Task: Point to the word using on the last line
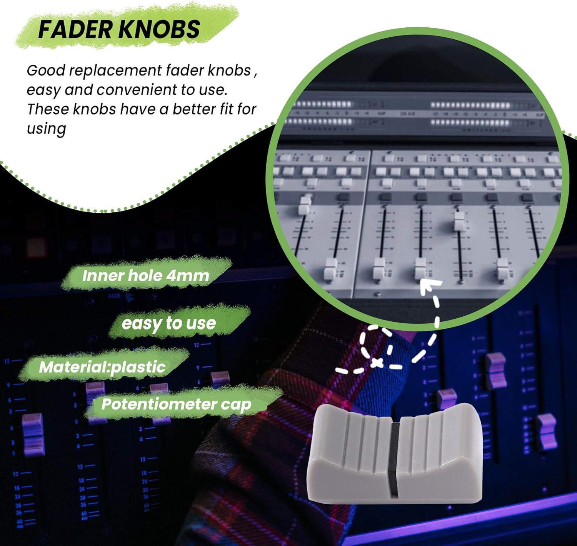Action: coord(46,129)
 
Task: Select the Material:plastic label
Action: coord(102,367)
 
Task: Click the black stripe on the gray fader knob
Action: coord(394,459)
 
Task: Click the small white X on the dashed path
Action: coord(377,362)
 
